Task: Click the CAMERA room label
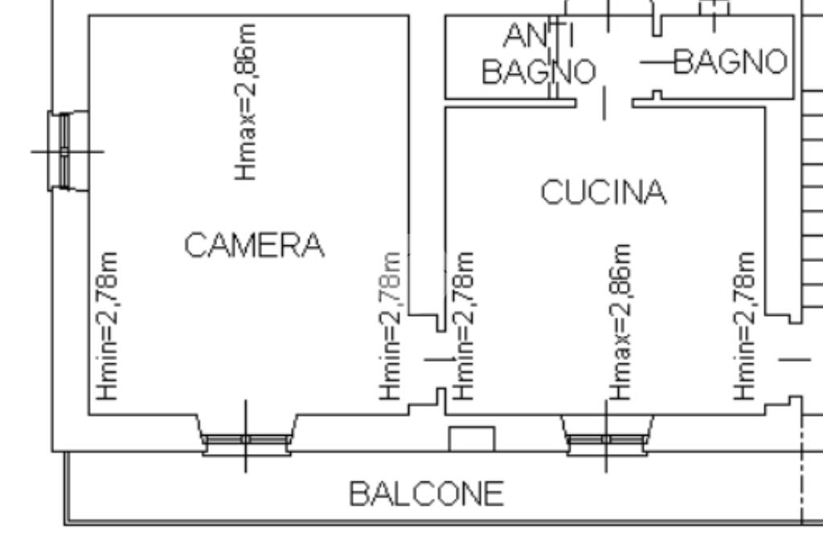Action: point(254,245)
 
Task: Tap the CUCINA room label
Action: point(603,193)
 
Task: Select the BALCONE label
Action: point(426,494)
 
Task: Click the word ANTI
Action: point(538,35)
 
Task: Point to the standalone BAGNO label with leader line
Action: point(729,61)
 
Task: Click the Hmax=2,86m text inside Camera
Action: point(248,101)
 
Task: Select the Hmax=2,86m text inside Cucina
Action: point(620,322)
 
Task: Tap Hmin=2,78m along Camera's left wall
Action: point(108,326)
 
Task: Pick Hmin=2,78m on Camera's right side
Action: point(391,326)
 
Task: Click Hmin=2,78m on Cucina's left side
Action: point(465,326)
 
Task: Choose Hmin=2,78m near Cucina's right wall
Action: point(745,326)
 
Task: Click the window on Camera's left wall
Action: point(67,150)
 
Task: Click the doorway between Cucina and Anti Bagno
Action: point(604,101)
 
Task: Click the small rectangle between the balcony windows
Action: point(471,439)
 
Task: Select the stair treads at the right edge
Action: point(812,201)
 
